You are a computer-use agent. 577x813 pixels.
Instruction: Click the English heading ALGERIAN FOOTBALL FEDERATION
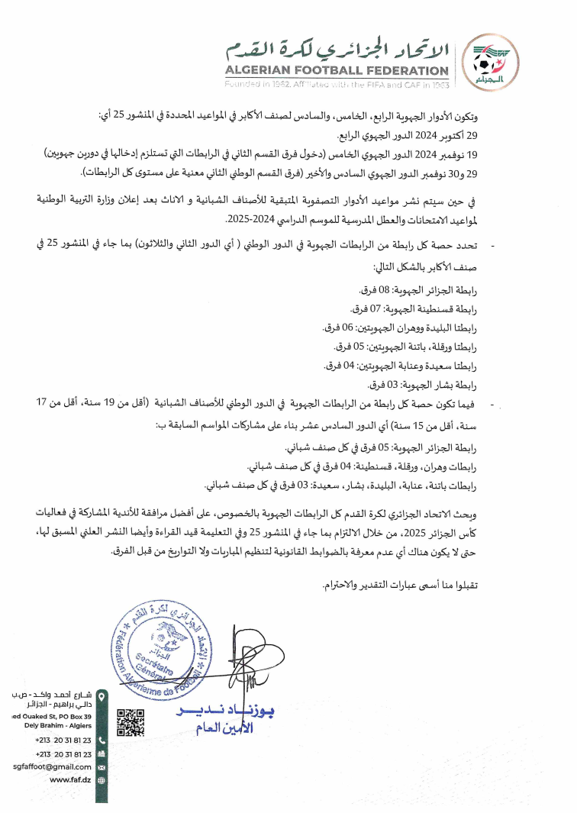click(x=337, y=72)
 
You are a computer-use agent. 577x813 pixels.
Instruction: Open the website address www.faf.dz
click(x=71, y=779)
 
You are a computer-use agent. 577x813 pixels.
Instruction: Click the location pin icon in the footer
click(x=102, y=695)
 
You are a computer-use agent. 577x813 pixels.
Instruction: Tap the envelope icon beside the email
click(x=102, y=766)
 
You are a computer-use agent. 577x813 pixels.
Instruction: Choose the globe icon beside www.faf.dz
click(x=102, y=779)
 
